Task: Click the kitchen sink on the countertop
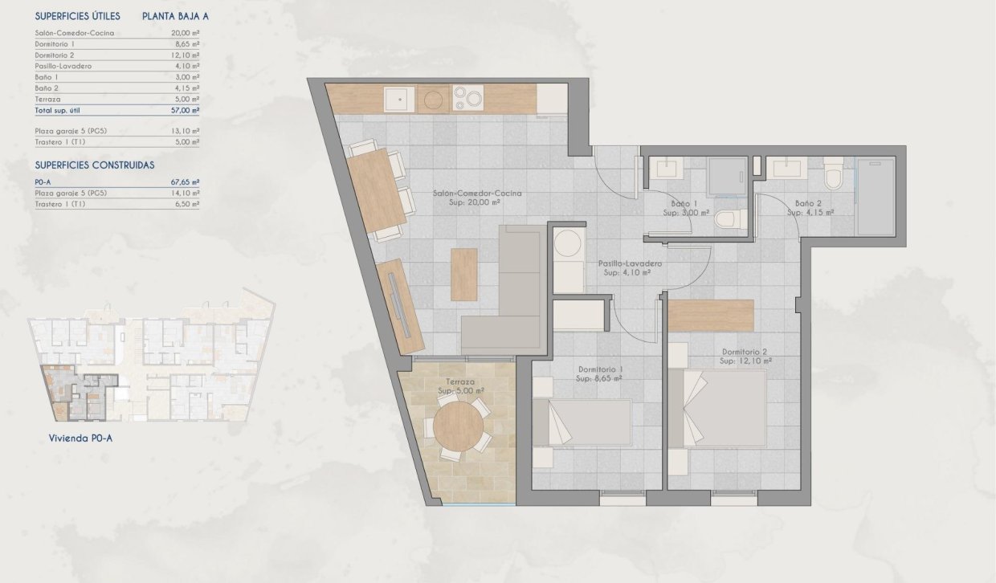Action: coord(398,99)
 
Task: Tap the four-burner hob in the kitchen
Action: coord(468,99)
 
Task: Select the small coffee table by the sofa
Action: coord(463,275)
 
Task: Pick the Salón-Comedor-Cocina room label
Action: coord(477,194)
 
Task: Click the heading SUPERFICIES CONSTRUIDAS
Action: coord(95,165)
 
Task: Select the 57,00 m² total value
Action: coord(186,110)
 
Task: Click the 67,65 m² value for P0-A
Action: coord(186,182)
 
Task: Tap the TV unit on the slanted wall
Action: coord(400,306)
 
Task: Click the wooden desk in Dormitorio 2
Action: coord(711,315)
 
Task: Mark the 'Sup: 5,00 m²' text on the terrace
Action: coord(460,391)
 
